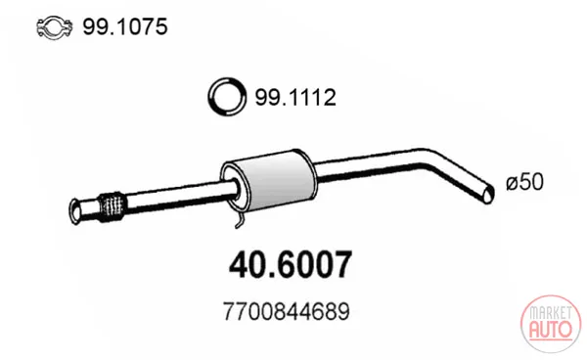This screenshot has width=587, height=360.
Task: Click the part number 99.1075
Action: (125, 27)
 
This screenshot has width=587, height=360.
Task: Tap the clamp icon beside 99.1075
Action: (54, 27)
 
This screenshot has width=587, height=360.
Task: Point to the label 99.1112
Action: (295, 97)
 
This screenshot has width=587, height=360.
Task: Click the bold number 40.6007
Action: (291, 265)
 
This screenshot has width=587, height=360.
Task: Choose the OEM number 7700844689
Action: (287, 311)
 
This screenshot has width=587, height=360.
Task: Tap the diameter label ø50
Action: (524, 183)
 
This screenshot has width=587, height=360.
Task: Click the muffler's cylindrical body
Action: (275, 182)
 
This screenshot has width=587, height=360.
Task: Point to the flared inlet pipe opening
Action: (75, 212)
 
